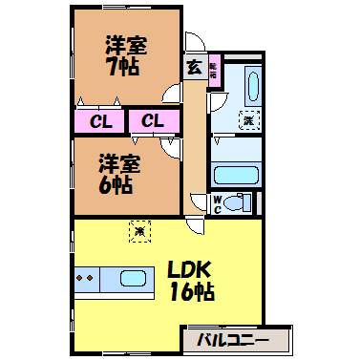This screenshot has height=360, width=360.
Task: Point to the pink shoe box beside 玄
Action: pyautogui.click(x=213, y=71)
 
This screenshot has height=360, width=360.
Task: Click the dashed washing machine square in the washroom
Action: pyautogui.click(x=247, y=121)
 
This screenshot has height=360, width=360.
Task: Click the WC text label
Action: pyautogui.click(x=218, y=202)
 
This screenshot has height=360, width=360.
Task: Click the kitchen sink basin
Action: pyautogui.click(x=133, y=279)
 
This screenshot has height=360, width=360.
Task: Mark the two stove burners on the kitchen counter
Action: pyautogui.click(x=86, y=279)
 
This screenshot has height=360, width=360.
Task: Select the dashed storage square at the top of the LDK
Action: pyautogui.click(x=139, y=229)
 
